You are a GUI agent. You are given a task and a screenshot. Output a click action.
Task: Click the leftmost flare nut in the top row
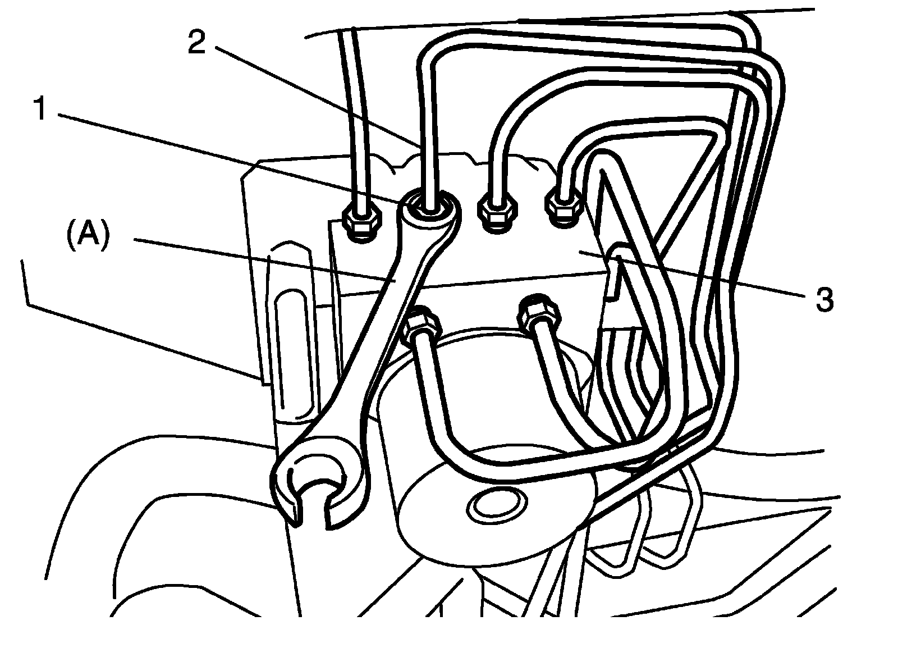362,222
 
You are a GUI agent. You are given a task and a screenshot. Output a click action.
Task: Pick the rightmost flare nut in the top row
564,208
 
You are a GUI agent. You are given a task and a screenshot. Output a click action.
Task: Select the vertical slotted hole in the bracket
291,348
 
